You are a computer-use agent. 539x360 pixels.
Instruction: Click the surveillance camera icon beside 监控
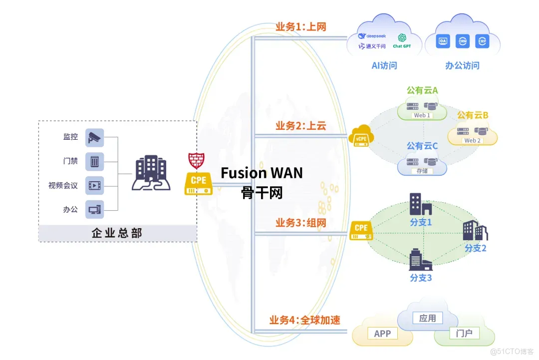pyautogui.click(x=95, y=137)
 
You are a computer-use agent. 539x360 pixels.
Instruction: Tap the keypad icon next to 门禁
pyautogui.click(x=95, y=161)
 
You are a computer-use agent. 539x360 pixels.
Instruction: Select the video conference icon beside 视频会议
pyautogui.click(x=95, y=186)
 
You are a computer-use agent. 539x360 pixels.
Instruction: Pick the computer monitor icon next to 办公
pyautogui.click(x=95, y=210)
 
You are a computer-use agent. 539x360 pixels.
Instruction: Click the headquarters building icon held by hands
pyautogui.click(x=151, y=173)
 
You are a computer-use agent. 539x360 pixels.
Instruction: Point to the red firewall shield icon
pyautogui.click(x=197, y=160)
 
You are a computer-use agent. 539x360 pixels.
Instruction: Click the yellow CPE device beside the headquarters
pyautogui.click(x=198, y=183)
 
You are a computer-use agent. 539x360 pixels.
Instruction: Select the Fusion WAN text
pyautogui.click(x=262, y=173)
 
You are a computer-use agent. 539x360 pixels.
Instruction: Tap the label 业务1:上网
pyautogui.click(x=300, y=26)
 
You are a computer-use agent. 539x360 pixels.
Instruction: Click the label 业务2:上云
pyautogui.click(x=300, y=125)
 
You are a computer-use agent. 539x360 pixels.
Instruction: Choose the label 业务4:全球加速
pyautogui.click(x=304, y=320)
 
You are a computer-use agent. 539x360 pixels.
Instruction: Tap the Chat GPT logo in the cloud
pyautogui.click(x=404, y=40)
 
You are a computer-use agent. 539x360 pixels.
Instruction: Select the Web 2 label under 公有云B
pyautogui.click(x=472, y=140)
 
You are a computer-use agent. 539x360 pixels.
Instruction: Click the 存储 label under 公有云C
pyautogui.click(x=422, y=171)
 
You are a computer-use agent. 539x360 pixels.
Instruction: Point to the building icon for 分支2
pyautogui.click(x=475, y=230)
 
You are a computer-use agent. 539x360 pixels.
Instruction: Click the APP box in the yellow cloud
pyautogui.click(x=382, y=334)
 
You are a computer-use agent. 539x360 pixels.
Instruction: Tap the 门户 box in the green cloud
pyautogui.click(x=464, y=333)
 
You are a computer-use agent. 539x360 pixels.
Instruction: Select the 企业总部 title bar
pyautogui.click(x=117, y=233)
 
